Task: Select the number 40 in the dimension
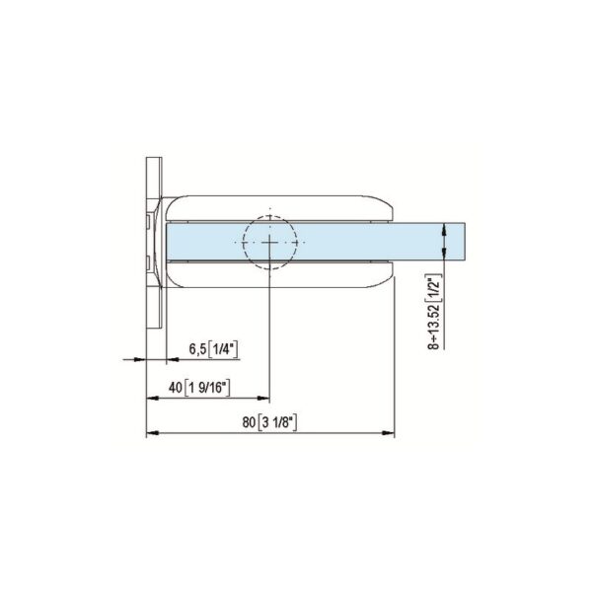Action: [x=178, y=387]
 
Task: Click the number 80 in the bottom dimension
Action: [x=247, y=422]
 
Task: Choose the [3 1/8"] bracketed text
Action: [x=278, y=422]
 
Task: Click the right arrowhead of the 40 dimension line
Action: [x=263, y=399]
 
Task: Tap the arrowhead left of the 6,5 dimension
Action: [x=140, y=360]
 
